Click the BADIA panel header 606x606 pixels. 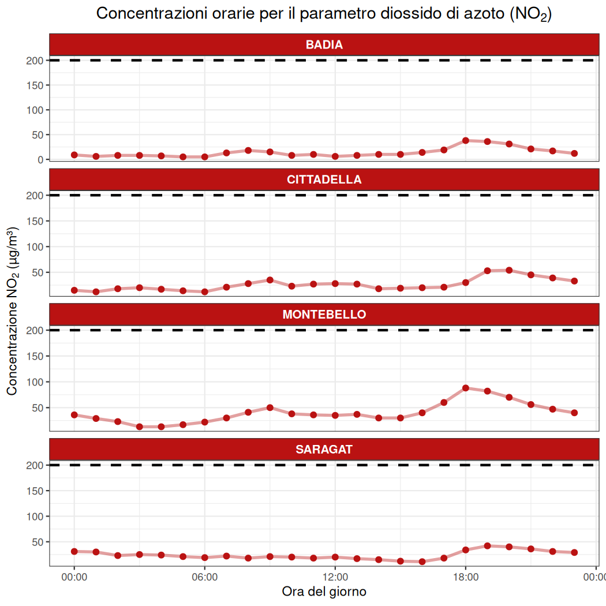(x=324, y=45)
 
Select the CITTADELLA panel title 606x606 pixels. (x=324, y=179)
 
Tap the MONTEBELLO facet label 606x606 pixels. (x=324, y=315)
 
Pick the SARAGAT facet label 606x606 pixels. (x=324, y=450)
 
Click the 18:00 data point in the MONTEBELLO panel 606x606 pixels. (x=466, y=388)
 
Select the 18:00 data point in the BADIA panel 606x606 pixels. (x=466, y=140)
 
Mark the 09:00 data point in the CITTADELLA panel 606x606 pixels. (x=270, y=280)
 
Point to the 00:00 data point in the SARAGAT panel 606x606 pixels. (x=74, y=551)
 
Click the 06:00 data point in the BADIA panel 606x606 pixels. (x=204, y=156)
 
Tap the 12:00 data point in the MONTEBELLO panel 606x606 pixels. (x=335, y=416)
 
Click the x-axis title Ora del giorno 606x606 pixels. (x=324, y=592)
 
